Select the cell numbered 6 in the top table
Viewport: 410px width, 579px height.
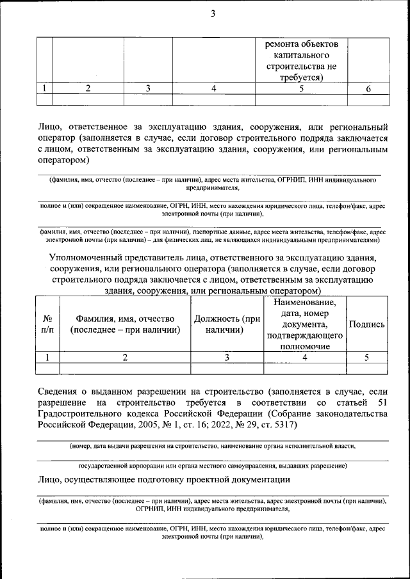click(368, 89)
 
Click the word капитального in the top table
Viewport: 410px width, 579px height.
click(301, 55)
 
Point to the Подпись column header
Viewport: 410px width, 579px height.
click(366, 324)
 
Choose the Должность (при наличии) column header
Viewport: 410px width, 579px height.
click(227, 324)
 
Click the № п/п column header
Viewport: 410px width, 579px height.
click(47, 324)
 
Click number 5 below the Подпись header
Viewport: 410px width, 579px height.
click(366, 358)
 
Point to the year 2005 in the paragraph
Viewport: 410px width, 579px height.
click(150, 424)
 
